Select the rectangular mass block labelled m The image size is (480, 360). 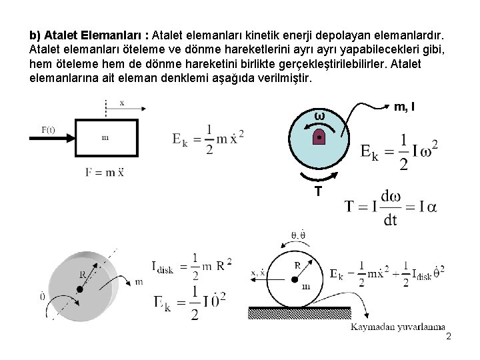pos(106,137)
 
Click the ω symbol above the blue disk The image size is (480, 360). pos(319,117)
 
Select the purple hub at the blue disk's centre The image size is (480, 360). pos(320,137)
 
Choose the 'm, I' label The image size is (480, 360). pos(406,106)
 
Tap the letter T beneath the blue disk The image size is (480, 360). pos(319,191)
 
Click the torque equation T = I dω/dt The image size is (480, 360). pos(391,206)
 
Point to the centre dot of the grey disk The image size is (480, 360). pos(80,288)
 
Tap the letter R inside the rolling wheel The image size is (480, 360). pos(297,263)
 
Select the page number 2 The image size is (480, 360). pos(449,337)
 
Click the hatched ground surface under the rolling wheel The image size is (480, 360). pos(300,311)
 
